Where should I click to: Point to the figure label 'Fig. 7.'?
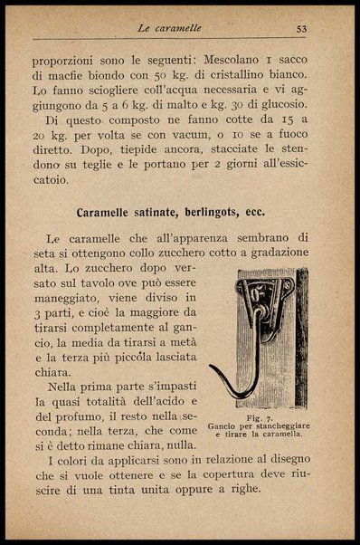click(x=259, y=416)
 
